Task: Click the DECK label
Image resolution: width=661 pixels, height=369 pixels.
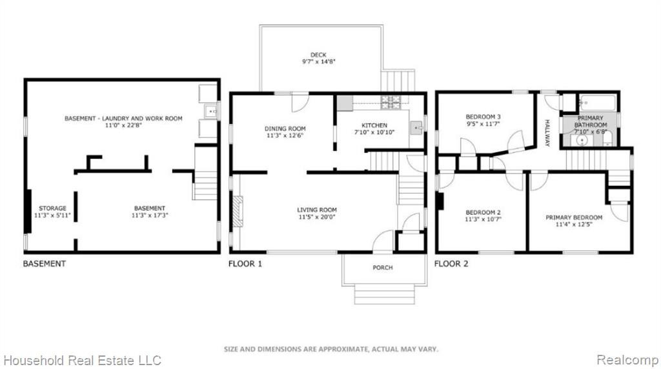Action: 318,55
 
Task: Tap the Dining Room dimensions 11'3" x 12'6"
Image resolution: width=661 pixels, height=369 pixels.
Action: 285,135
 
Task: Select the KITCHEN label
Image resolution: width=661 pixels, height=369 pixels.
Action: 374,126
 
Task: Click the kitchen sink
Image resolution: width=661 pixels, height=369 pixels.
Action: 416,127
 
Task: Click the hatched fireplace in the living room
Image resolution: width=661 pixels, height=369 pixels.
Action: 238,212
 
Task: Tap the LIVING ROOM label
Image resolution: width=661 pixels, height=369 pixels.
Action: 317,210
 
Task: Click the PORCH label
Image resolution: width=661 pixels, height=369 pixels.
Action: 382,268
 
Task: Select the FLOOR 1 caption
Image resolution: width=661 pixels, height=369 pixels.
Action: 245,264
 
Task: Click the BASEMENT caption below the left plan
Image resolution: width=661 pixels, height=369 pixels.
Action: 45,264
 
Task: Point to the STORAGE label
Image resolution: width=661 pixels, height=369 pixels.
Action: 53,208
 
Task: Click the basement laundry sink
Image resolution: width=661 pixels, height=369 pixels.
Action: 210,112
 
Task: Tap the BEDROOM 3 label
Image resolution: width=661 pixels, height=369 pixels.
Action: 483,117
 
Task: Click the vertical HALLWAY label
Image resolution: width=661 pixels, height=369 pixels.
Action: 547,133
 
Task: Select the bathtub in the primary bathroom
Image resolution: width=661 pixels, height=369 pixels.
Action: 597,103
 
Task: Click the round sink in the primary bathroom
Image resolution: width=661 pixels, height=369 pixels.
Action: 582,140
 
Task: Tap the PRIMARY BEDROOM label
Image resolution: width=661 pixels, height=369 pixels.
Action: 574,217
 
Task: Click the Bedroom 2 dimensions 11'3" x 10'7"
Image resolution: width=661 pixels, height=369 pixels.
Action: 483,219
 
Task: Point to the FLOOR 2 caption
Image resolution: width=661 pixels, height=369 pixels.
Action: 451,264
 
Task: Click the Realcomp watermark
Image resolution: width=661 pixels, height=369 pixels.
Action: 627,360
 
